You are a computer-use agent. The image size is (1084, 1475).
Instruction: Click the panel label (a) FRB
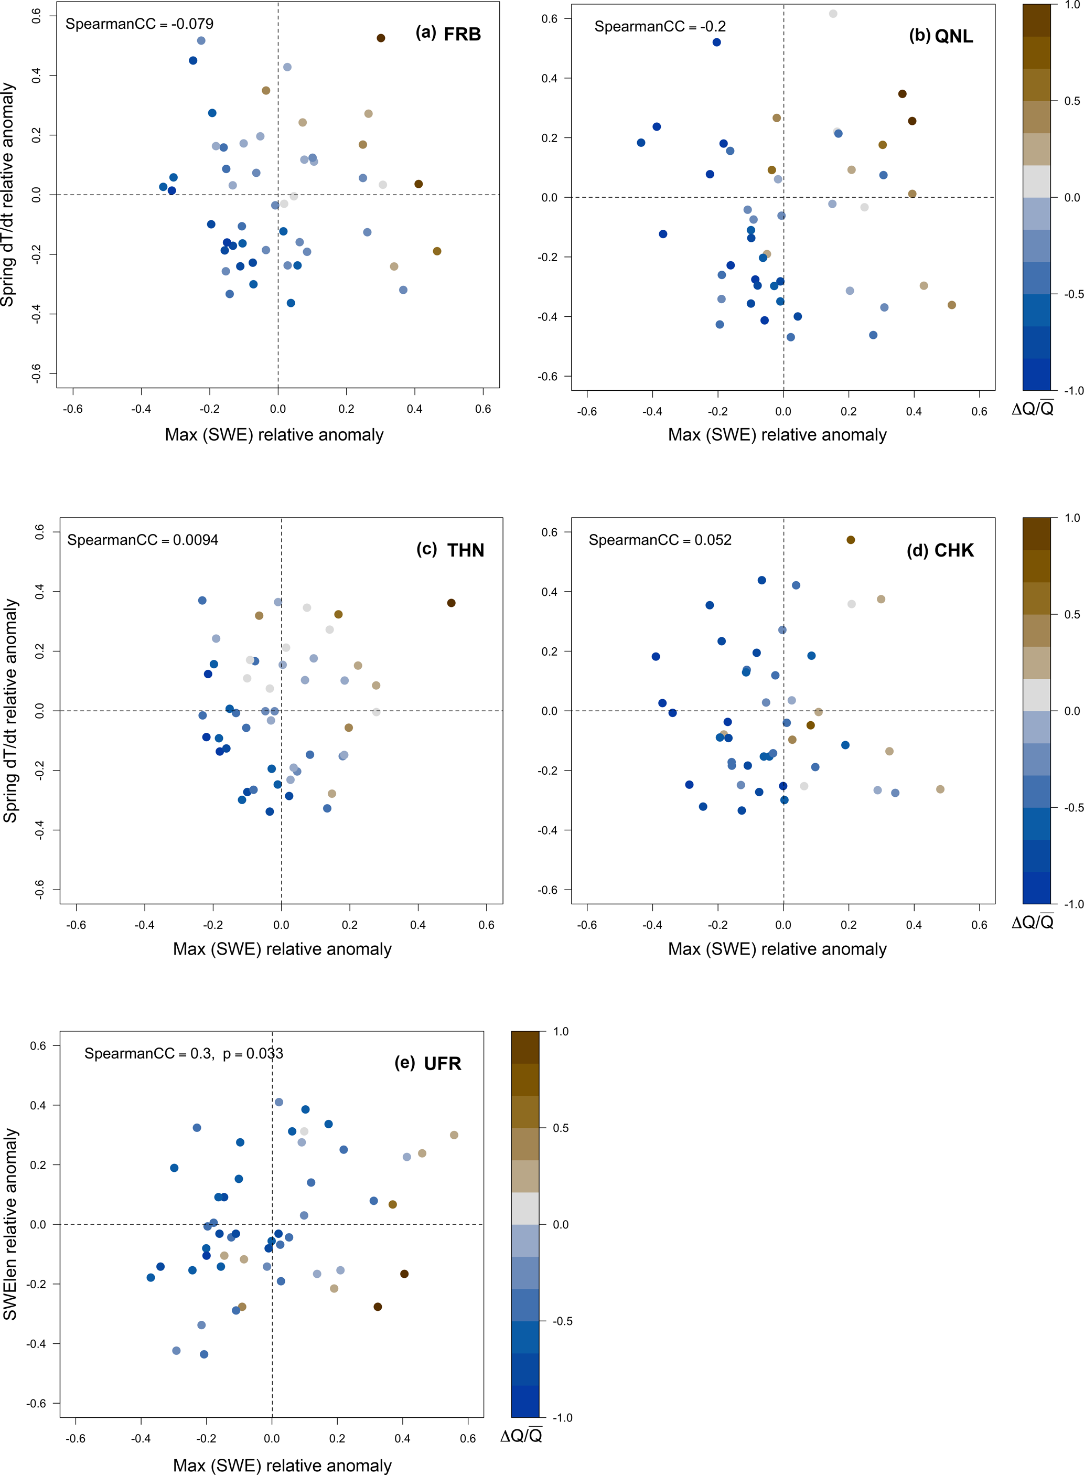(x=448, y=34)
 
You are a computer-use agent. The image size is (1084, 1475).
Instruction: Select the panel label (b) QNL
(x=940, y=36)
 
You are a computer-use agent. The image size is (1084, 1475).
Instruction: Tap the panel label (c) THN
(x=450, y=550)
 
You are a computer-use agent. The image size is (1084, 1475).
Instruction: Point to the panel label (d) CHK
(x=940, y=550)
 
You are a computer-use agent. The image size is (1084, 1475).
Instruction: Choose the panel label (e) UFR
(x=428, y=1063)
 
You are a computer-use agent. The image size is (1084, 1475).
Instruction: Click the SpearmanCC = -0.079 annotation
(x=139, y=24)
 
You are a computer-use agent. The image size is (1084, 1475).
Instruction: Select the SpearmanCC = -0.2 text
(x=659, y=27)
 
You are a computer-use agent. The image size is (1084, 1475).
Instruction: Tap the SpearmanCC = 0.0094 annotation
(x=143, y=540)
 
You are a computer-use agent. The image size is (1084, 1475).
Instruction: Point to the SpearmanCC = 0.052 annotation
(x=659, y=540)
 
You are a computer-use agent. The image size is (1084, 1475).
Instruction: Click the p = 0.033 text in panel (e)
(x=253, y=1053)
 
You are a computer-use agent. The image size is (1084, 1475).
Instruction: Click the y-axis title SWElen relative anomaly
(x=10, y=1224)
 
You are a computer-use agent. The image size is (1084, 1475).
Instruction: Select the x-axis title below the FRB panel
(x=274, y=434)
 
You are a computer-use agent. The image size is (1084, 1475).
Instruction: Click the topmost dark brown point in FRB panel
(x=381, y=38)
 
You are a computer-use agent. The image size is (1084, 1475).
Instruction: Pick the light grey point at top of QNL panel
(x=833, y=14)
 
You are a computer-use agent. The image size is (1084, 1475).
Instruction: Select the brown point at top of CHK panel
(x=851, y=540)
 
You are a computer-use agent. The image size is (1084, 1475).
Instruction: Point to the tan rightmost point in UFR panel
(x=454, y=1135)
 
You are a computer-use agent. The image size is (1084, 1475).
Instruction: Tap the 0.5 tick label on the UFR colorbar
(x=561, y=1128)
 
